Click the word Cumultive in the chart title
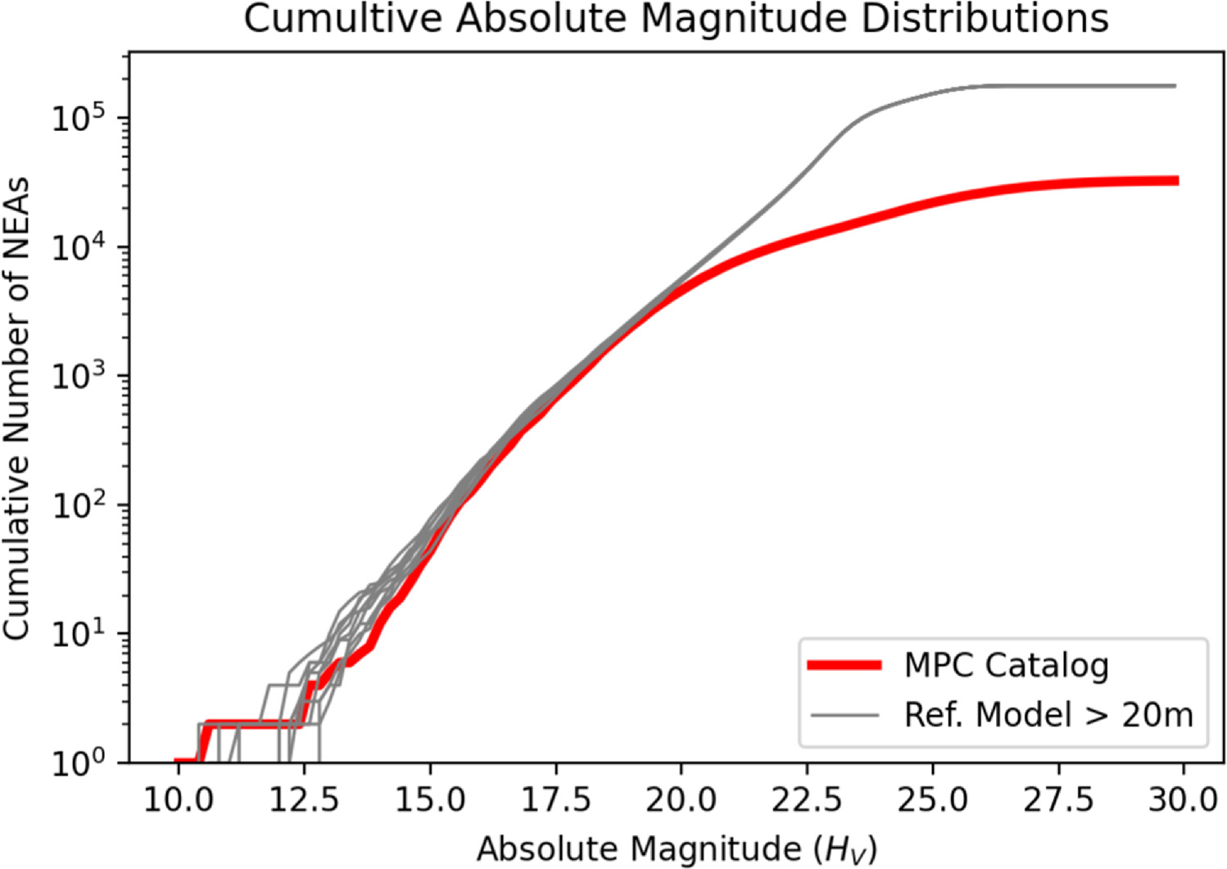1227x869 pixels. [345, 19]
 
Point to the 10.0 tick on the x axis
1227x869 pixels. [179, 799]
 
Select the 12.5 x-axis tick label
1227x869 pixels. [304, 799]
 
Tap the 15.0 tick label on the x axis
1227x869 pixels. [430, 799]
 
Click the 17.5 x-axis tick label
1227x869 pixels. [555, 799]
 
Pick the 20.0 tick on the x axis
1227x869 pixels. [681, 799]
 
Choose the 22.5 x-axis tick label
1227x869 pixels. [807, 799]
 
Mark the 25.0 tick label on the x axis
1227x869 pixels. [932, 799]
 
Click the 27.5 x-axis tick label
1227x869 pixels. [1058, 799]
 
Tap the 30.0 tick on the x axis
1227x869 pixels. [1184, 799]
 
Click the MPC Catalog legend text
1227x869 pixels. [1006, 665]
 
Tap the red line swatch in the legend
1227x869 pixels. [844, 666]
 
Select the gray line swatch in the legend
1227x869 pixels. [844, 716]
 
